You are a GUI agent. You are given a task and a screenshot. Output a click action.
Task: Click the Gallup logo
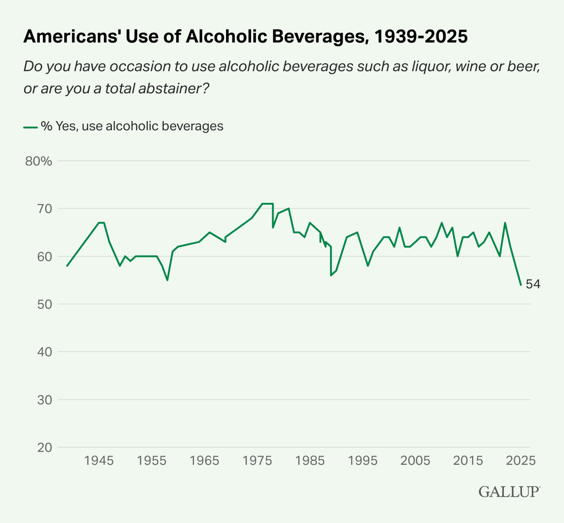point(509,491)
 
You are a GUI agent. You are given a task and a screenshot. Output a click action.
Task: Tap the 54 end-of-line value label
point(533,285)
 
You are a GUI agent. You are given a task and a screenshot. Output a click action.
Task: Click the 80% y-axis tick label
point(39,161)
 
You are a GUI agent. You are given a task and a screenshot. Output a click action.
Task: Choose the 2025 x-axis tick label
point(521,461)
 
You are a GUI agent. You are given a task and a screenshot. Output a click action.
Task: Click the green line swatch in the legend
point(30,127)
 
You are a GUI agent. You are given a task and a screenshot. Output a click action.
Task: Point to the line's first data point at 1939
point(67,266)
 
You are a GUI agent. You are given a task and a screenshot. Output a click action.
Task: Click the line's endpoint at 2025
point(521,285)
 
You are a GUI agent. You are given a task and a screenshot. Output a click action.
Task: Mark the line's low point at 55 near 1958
point(167,280)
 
